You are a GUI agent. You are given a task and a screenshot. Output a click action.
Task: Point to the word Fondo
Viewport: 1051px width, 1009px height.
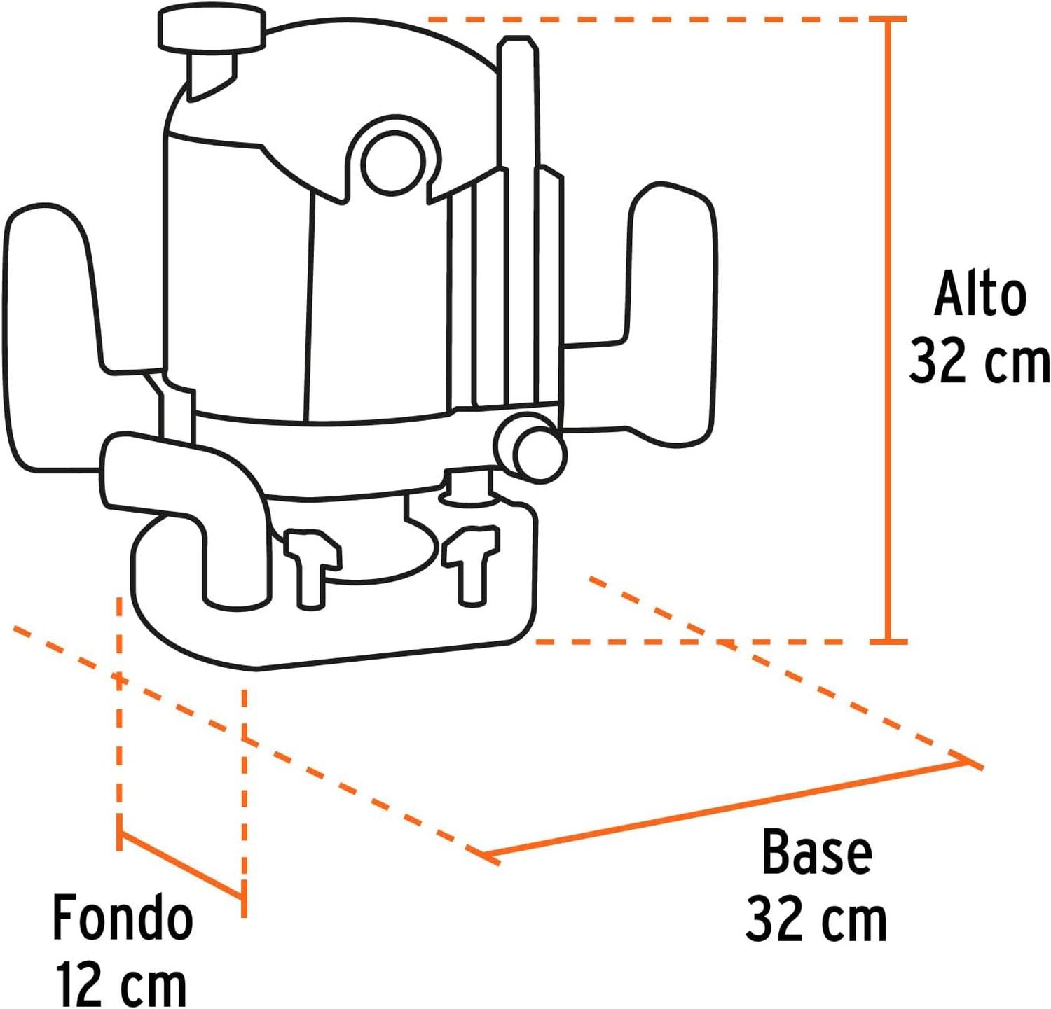coord(123,918)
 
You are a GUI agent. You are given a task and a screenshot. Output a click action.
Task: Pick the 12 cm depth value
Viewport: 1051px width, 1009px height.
coord(121,984)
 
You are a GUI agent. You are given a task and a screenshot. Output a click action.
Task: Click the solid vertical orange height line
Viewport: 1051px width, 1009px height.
coord(888,330)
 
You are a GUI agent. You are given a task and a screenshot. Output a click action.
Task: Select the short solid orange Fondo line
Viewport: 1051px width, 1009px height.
coord(181,865)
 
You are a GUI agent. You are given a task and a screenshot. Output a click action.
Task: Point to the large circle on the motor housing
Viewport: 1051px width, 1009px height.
coord(392,162)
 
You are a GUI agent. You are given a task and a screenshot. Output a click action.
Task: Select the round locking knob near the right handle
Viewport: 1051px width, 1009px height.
coord(530,446)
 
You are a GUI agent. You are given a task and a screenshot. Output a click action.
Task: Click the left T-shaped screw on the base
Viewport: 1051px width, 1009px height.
coord(312,566)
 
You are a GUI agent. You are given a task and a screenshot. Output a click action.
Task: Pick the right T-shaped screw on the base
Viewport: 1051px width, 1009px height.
coord(471,564)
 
